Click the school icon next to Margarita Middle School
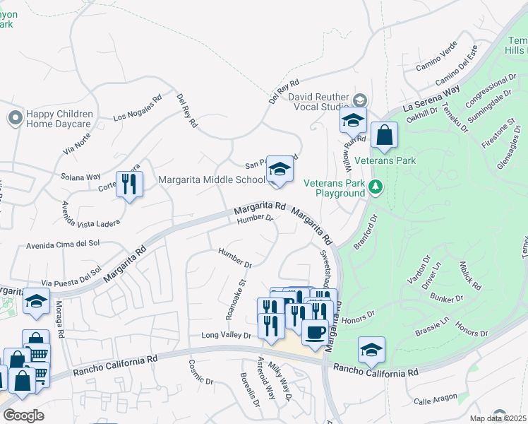tap(280, 170)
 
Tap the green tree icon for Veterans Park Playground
tap(376, 187)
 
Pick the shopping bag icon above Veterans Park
tap(384, 136)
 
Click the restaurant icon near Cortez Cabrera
tap(130, 184)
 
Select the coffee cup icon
tap(315, 331)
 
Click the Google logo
tap(23, 416)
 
